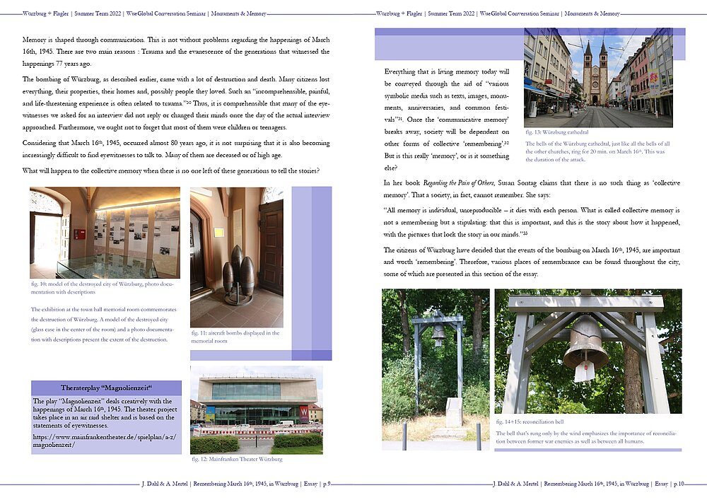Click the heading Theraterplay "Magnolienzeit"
[106, 388]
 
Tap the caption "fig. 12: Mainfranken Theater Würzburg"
[236, 459]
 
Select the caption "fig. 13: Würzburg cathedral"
[557, 132]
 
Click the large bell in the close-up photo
[585, 341]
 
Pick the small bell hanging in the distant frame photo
[438, 332]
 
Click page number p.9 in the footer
[326, 484]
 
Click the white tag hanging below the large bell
[585, 371]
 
